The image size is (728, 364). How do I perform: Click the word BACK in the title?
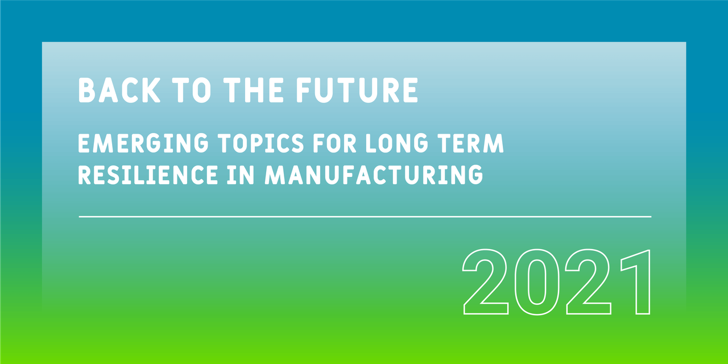(119, 90)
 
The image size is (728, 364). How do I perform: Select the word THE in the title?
(254, 90)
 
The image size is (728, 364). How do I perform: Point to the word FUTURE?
(357, 90)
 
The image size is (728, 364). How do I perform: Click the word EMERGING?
(143, 143)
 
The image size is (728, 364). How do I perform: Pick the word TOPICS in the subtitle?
(261, 143)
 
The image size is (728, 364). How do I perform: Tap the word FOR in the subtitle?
(334, 143)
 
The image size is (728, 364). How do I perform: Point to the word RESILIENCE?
(148, 175)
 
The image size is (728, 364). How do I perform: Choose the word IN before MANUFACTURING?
(241, 175)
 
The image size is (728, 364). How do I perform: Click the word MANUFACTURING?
(374, 175)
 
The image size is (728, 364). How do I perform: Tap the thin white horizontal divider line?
(365, 217)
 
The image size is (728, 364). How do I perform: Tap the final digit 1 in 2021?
(643, 282)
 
